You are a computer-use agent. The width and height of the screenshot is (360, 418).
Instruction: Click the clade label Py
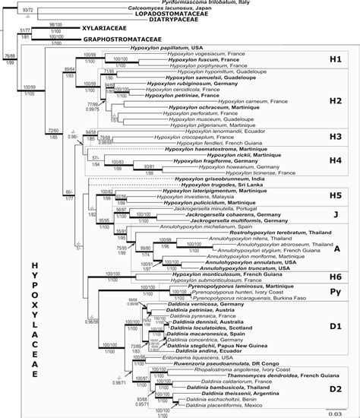[336, 292]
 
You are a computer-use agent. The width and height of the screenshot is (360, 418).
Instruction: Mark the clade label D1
[336, 327]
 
